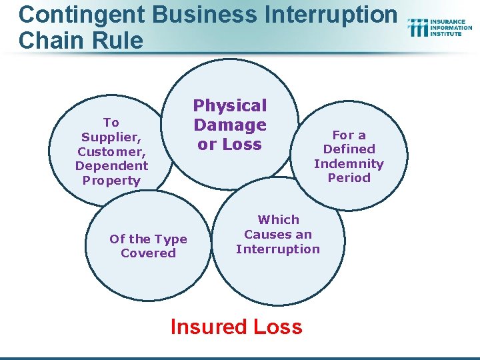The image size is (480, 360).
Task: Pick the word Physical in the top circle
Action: tap(229, 105)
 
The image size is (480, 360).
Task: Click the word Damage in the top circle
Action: tap(229, 125)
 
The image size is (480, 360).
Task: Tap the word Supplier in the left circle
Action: tap(111, 137)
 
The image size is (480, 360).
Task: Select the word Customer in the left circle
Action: tap(111, 151)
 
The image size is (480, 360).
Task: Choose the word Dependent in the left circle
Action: tap(111, 166)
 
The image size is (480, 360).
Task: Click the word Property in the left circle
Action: tap(111, 181)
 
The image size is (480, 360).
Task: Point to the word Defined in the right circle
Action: tap(349, 149)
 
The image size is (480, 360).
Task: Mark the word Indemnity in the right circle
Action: tap(349, 163)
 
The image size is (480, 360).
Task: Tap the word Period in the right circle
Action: tap(349, 178)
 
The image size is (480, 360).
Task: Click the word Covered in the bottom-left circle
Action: tap(148, 253)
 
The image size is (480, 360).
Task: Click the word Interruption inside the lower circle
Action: tap(278, 249)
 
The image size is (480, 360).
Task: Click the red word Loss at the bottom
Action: tap(277, 327)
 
